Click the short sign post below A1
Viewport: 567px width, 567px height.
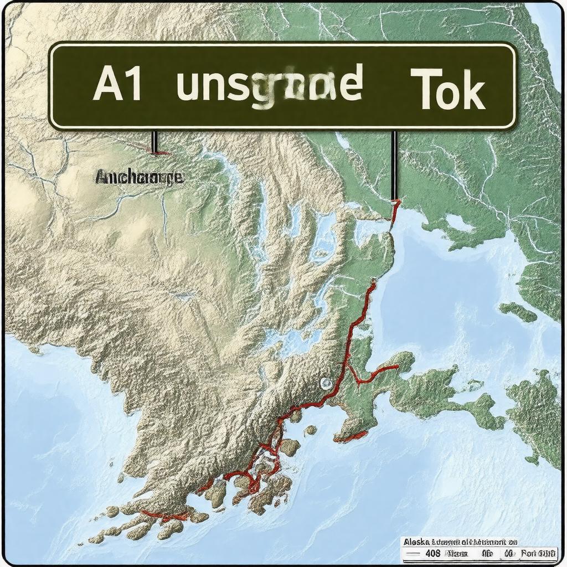click(154, 141)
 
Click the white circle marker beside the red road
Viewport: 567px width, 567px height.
click(325, 383)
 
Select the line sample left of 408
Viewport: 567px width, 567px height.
click(409, 553)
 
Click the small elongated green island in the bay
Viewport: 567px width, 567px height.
click(518, 312)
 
